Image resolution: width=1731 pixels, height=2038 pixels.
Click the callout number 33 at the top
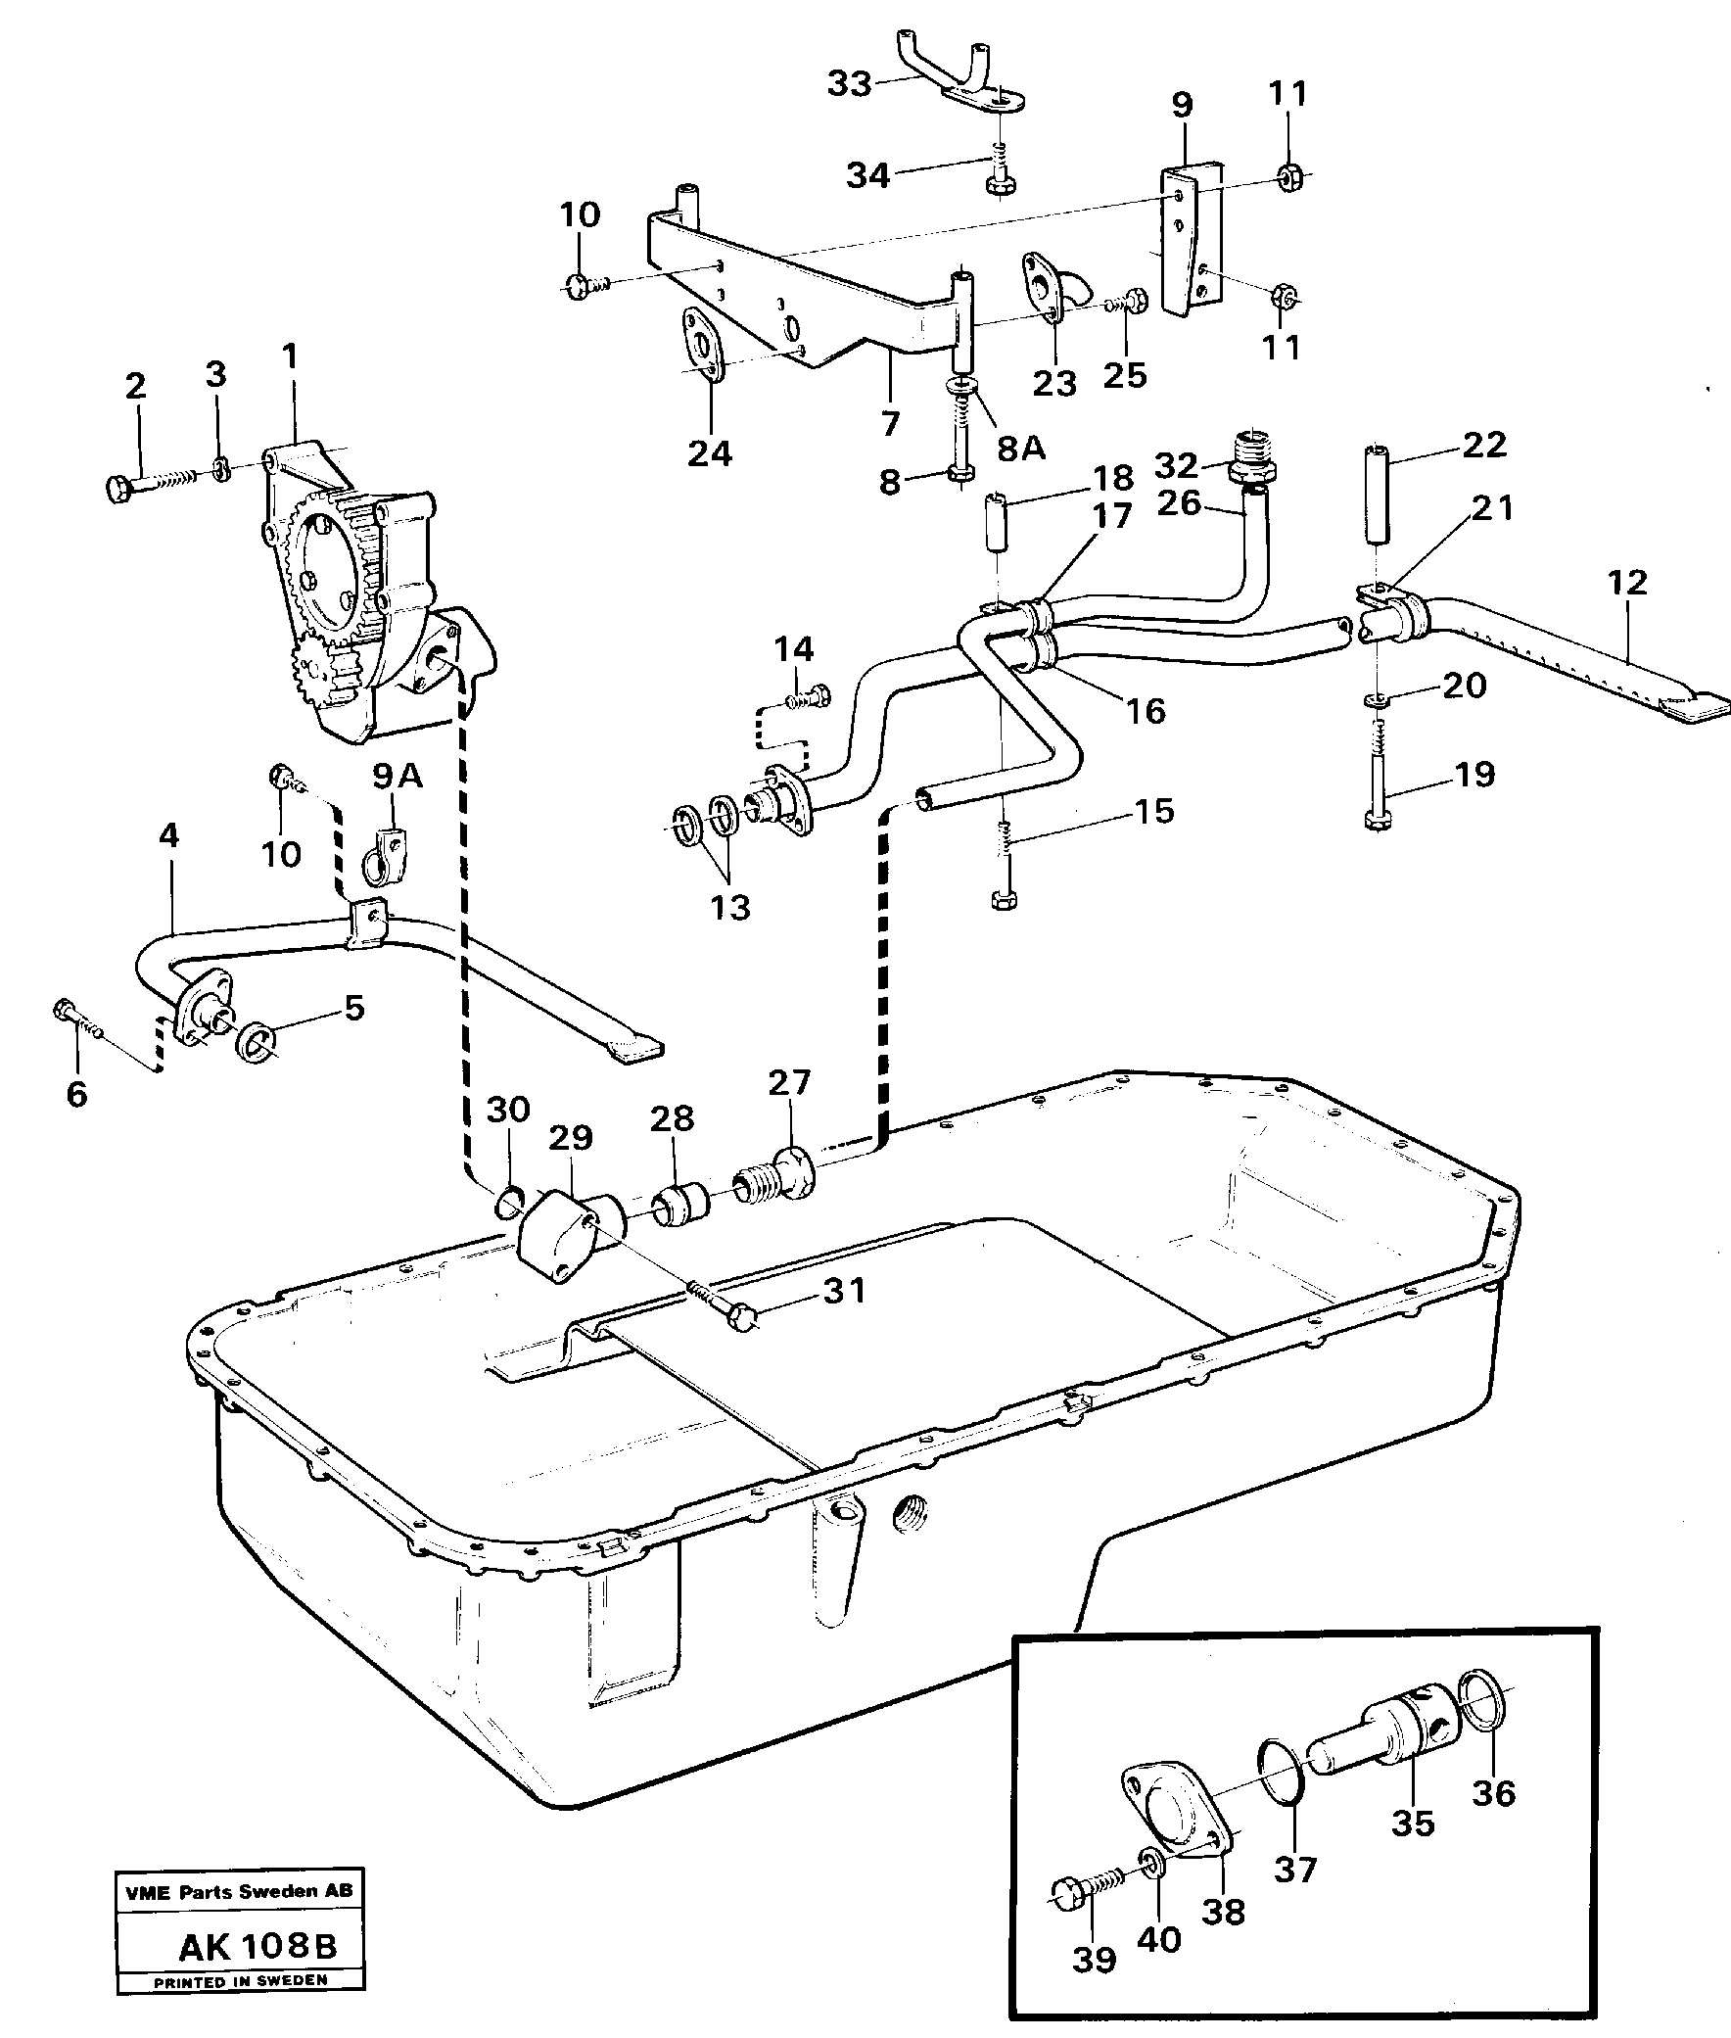850,84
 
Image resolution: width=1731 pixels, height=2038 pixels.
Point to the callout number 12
1627,582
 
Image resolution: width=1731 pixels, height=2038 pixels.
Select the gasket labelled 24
702,344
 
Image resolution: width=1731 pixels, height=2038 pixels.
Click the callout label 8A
1020,448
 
